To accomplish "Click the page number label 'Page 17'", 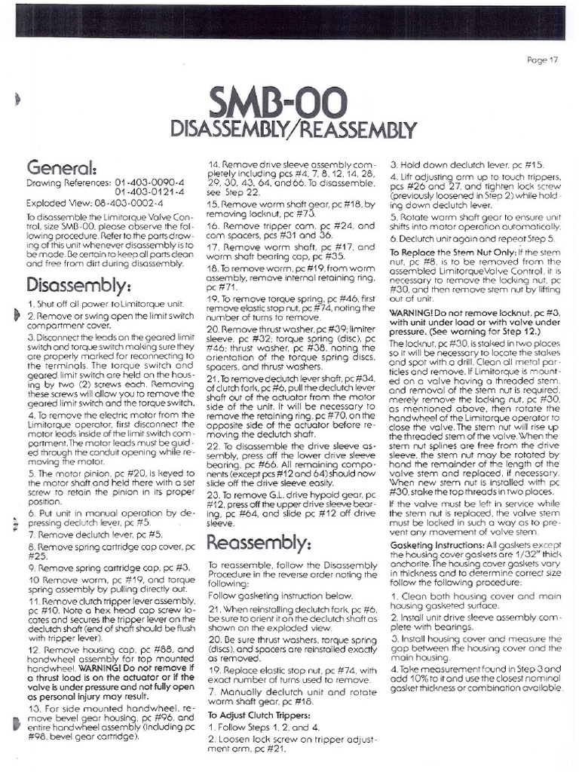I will point(547,60).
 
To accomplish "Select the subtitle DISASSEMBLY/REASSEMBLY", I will point(294,129).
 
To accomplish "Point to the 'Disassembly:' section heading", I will point(78,286).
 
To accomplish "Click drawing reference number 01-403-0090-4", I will point(150,183).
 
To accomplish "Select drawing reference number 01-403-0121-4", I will point(150,193).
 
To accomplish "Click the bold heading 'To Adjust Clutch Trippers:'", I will point(261,715).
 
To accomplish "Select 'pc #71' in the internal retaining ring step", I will point(221,287).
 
